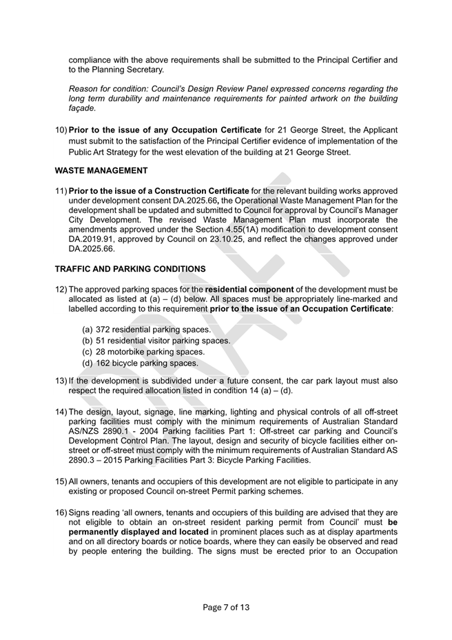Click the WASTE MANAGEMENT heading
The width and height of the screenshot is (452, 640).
pos(101,170)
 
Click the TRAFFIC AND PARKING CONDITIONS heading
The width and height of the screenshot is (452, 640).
pos(130,268)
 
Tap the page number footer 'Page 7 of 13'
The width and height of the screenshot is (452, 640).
pos(226,607)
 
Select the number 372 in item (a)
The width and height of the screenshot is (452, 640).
pos(103,330)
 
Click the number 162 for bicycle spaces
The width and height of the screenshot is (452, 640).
pos(103,363)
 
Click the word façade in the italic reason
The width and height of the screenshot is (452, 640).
pos(82,108)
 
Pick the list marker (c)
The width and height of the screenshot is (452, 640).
pos(88,352)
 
